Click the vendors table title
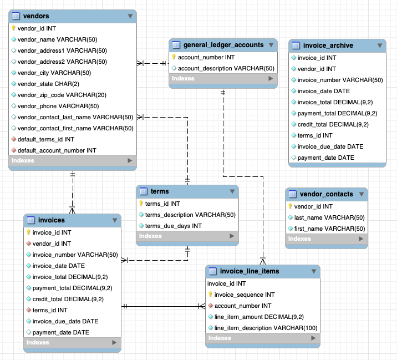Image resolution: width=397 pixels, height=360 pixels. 36,16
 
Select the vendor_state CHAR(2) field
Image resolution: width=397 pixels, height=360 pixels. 48,84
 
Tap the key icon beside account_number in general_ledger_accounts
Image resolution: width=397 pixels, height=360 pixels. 174,57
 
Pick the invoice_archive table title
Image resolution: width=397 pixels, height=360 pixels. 328,45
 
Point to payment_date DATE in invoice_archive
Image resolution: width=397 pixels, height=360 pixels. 325,158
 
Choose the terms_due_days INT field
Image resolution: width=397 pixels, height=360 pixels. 173,226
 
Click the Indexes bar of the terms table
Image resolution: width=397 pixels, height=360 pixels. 187,236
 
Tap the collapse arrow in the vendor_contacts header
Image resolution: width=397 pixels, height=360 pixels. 361,194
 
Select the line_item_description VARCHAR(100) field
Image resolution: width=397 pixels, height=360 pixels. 266,328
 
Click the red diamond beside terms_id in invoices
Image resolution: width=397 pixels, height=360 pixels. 28,311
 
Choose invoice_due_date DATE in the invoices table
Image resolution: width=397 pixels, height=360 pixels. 65,321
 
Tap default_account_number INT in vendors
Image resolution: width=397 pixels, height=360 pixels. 57,150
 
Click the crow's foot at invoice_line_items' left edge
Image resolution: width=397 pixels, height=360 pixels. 202,306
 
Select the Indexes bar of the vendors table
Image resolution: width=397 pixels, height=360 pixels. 73,161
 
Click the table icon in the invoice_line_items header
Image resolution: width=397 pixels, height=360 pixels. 213,271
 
